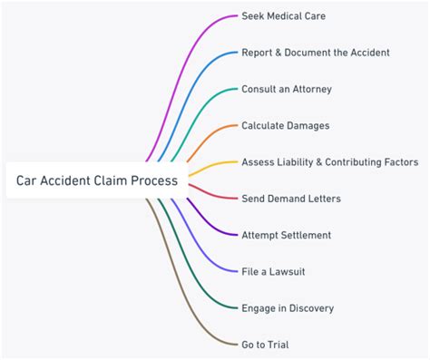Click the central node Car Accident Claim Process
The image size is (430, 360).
96,180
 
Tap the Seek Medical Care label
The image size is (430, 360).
283,16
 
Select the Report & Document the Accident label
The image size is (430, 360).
315,53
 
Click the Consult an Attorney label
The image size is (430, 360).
286,89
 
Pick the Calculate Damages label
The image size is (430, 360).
285,125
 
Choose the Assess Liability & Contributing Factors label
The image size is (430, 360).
329,162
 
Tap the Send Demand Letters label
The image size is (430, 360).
290,199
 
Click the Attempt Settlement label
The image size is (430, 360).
286,235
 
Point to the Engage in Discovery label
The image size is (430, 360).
287,308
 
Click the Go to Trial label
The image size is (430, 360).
265,345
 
